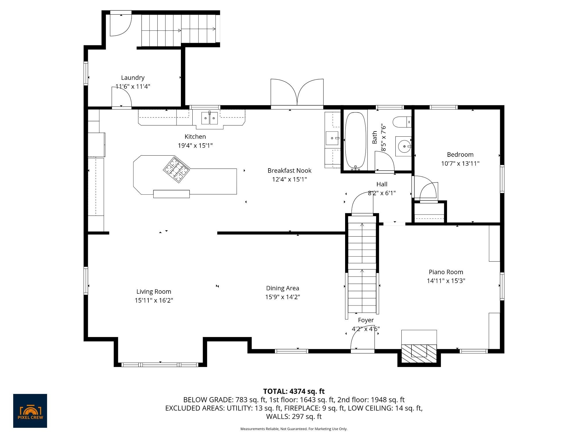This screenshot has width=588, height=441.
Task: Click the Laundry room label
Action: [133, 78]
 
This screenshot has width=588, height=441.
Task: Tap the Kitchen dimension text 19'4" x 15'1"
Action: [195, 146]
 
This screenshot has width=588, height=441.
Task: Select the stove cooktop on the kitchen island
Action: [177, 169]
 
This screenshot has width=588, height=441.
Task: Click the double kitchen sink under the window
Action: [209, 118]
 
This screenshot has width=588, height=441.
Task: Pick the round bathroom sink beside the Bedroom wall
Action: [404, 146]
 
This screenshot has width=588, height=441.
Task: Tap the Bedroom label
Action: [460, 154]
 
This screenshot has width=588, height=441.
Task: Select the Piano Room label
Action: [446, 272]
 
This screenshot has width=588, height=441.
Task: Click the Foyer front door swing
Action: [362, 343]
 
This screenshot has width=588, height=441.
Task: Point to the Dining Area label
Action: [283, 288]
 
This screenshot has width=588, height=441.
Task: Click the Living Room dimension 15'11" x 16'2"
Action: [154, 300]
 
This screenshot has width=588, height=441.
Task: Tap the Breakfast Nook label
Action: [289, 171]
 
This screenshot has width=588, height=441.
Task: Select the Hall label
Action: [382, 184]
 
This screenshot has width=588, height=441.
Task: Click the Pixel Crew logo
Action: [30, 411]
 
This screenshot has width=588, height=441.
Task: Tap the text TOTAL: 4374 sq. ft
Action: [294, 391]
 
